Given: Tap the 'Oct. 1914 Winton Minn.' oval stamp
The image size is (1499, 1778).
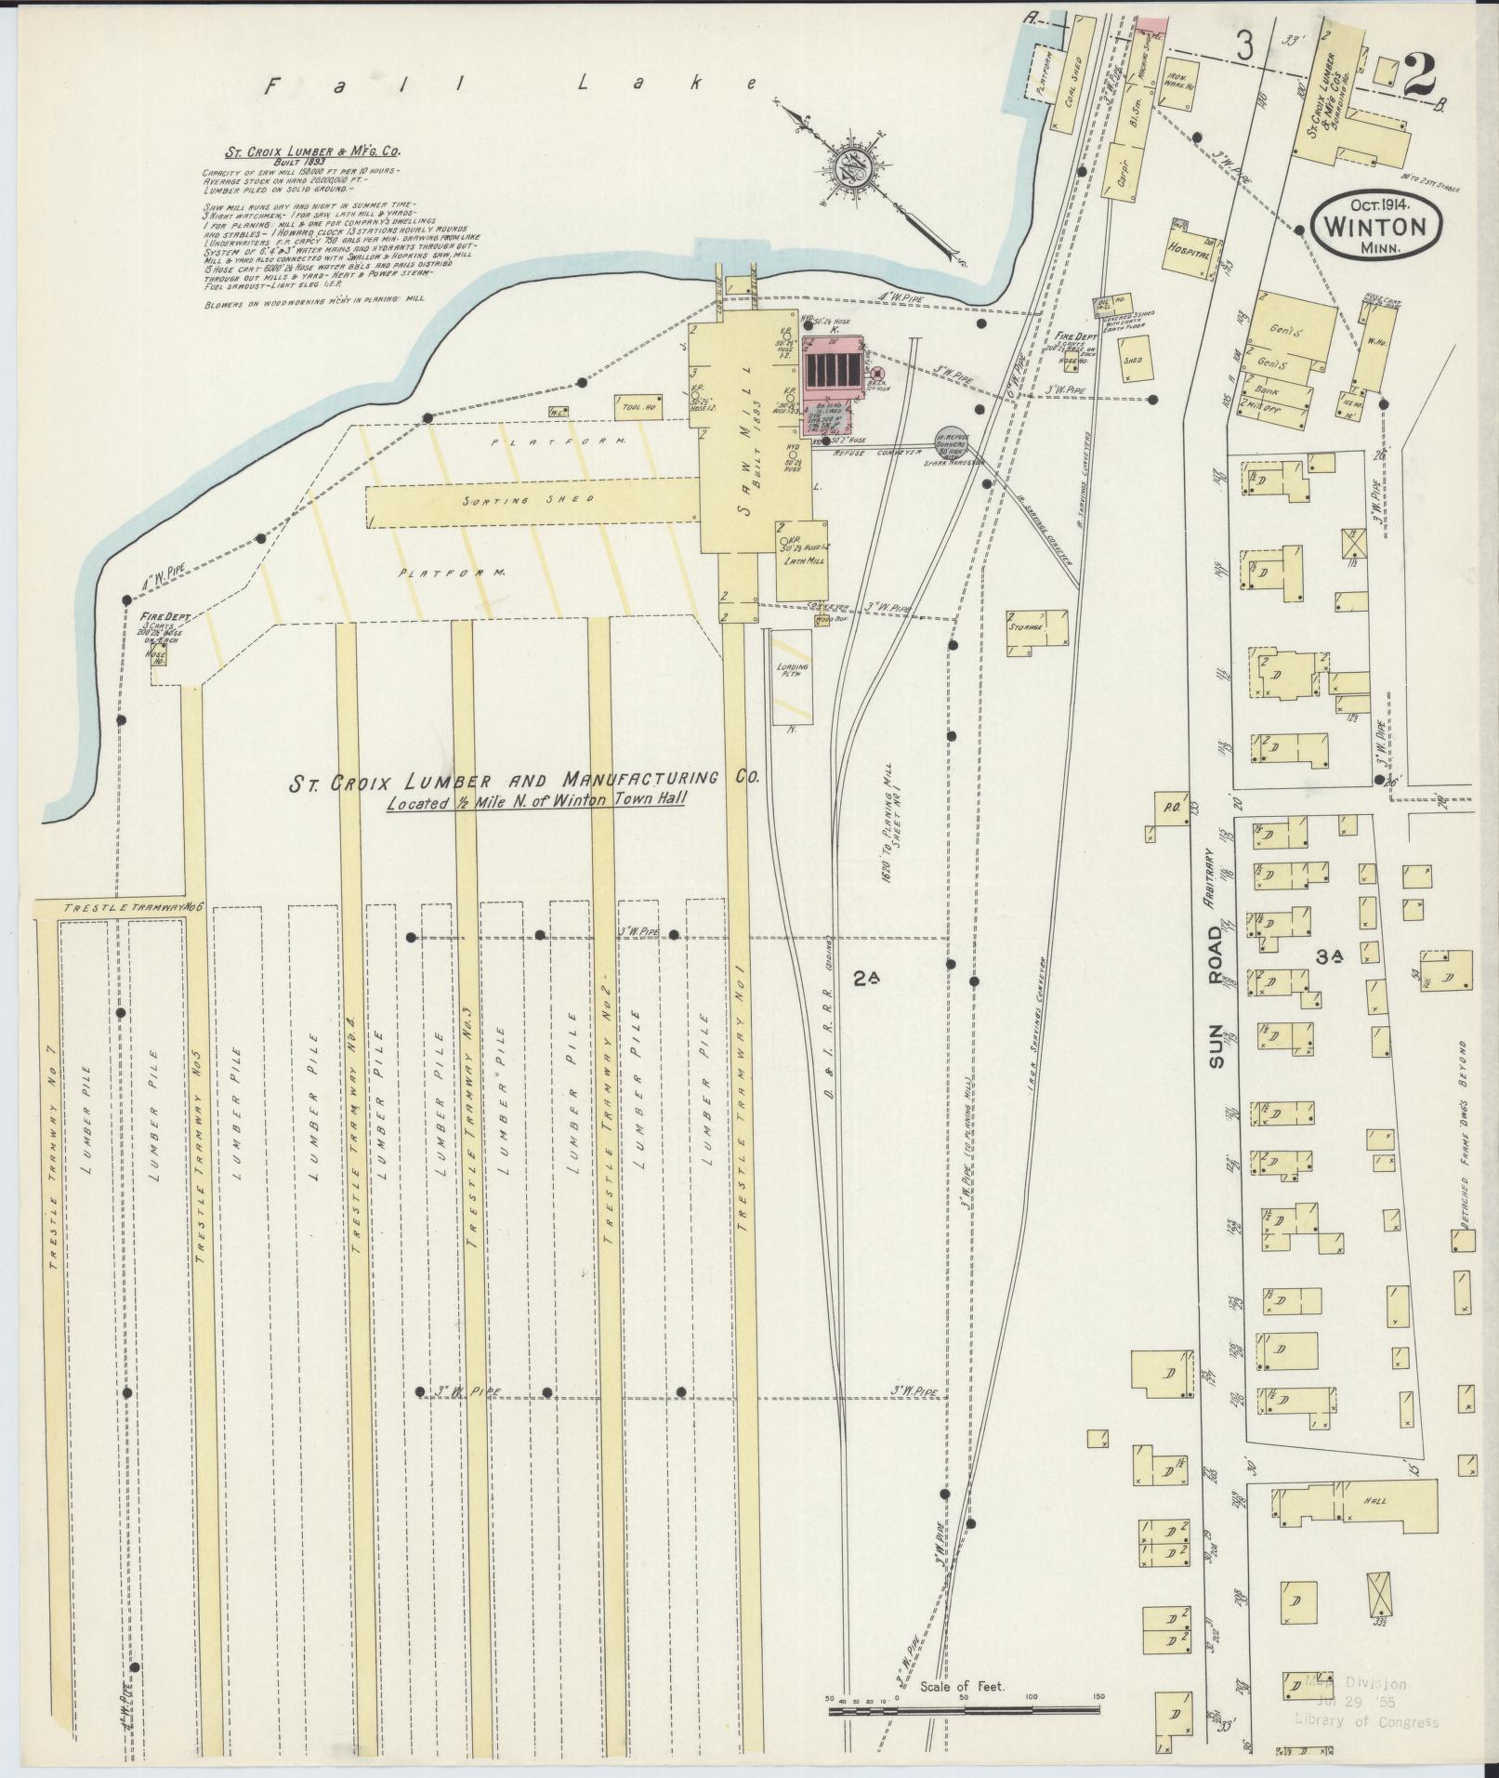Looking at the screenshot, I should [x=1376, y=224].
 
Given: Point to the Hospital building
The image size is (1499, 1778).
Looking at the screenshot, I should [x=1191, y=251].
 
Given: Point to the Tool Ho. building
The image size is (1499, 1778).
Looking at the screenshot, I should [x=636, y=407].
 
